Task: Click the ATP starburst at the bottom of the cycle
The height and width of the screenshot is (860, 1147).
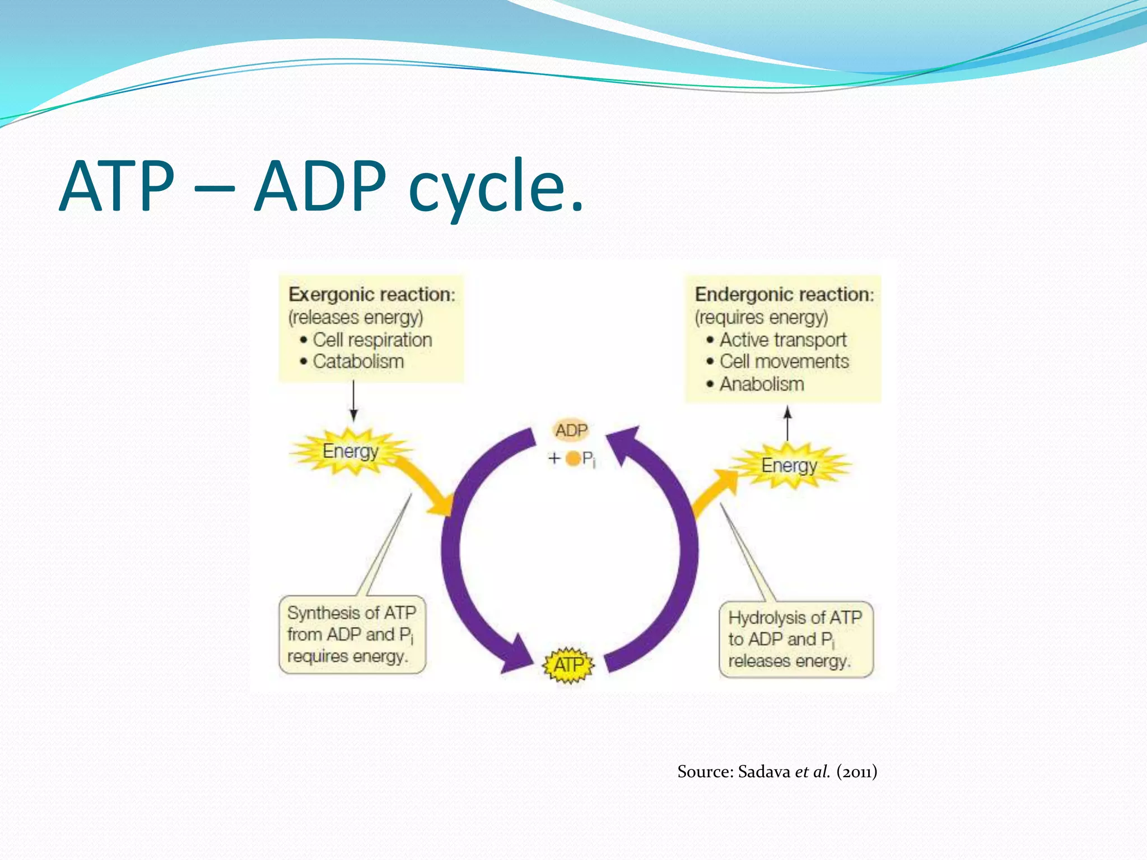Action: point(568,665)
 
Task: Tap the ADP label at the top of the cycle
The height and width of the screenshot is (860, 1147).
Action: point(571,431)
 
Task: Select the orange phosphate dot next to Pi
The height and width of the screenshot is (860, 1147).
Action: point(572,459)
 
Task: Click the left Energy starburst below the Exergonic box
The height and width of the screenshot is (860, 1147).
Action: point(351,451)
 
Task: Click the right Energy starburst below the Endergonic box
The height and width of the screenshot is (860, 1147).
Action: point(789,465)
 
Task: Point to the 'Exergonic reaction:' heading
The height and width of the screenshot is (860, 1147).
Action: point(372,295)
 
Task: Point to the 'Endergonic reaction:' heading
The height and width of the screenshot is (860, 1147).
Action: point(784,295)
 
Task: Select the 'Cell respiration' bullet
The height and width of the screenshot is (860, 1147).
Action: point(372,340)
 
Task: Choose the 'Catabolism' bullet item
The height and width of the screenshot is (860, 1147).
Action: point(358,362)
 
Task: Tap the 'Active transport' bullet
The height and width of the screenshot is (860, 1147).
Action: point(782,340)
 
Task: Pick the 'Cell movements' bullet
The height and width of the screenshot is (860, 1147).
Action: point(784,362)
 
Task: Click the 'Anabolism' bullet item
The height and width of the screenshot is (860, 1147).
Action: point(761,384)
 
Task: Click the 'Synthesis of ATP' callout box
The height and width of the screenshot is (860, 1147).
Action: point(352,634)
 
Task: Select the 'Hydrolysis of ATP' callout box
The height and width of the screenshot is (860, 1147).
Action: point(795,639)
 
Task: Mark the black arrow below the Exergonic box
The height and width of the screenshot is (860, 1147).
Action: point(353,401)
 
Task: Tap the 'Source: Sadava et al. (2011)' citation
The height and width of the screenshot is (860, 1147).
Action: point(777,772)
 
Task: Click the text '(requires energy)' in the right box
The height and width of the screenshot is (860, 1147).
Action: point(761,317)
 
